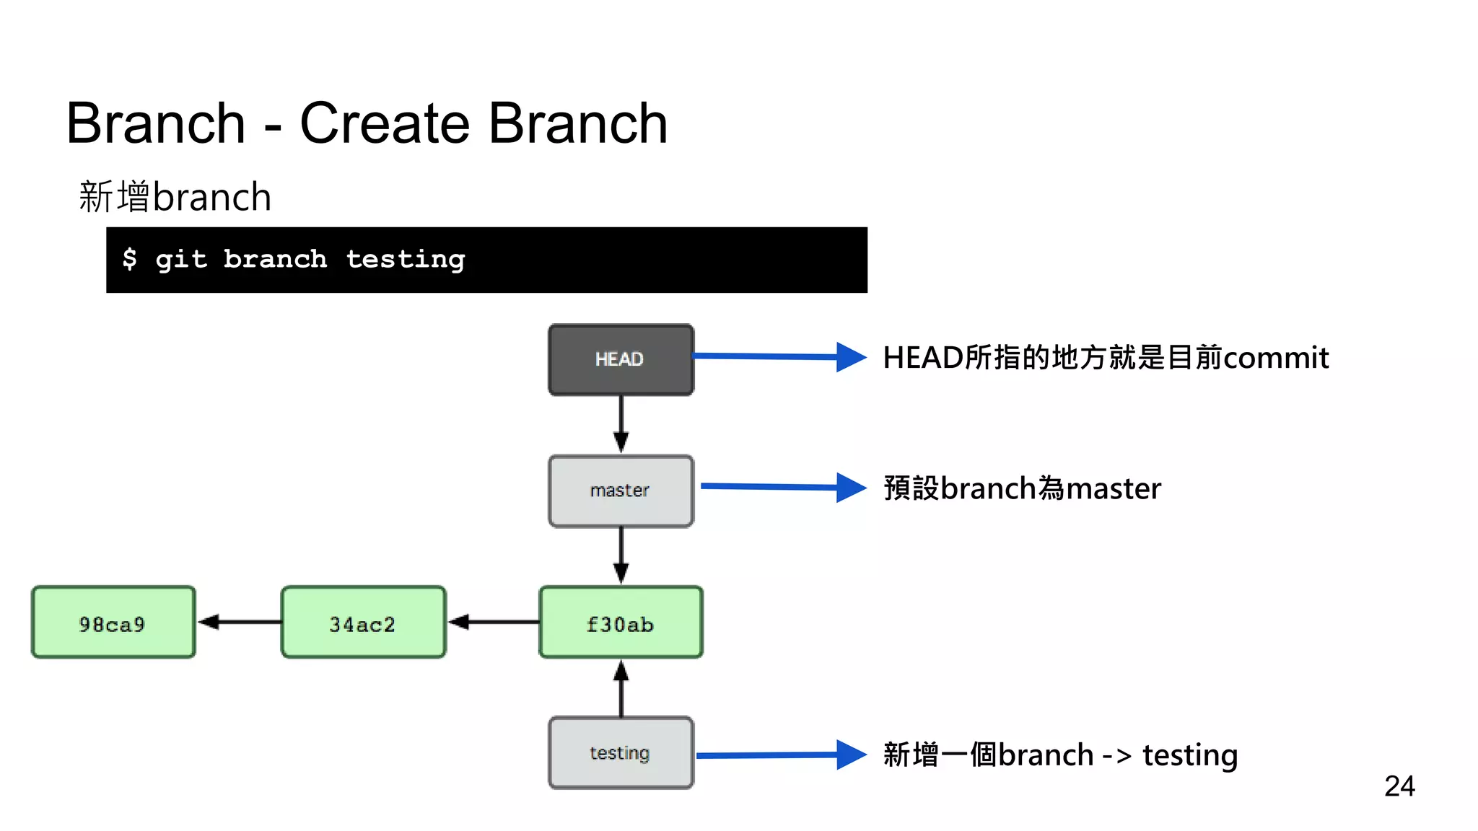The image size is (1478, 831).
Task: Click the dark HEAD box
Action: (x=621, y=359)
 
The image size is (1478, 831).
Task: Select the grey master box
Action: (x=621, y=491)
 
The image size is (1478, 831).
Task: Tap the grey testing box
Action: (x=621, y=752)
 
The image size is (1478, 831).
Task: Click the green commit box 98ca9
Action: (x=113, y=623)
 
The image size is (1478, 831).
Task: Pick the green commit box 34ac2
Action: (x=363, y=623)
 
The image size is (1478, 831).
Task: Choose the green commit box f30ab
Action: (x=621, y=623)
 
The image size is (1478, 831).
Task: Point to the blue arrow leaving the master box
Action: (x=782, y=487)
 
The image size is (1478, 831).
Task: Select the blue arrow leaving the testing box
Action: (x=779, y=755)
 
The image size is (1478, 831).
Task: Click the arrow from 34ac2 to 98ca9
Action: (x=238, y=622)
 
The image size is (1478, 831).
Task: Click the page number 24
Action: (x=1399, y=786)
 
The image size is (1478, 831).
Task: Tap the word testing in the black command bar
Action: (x=406, y=260)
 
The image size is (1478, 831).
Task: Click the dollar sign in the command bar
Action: (x=130, y=258)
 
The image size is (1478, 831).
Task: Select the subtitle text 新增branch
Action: (x=175, y=197)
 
